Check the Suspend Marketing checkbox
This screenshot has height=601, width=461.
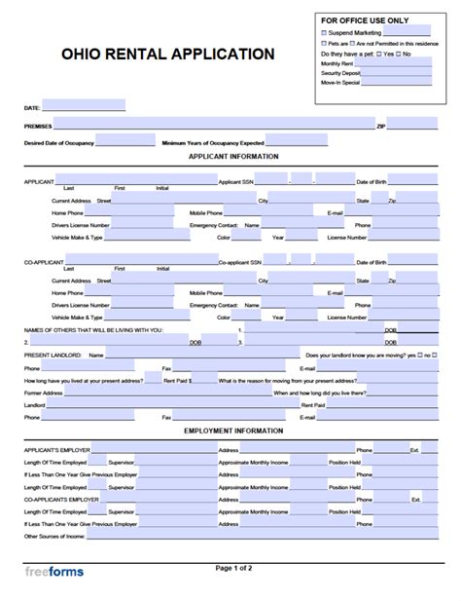pos(325,32)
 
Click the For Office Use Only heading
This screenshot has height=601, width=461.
pos(365,19)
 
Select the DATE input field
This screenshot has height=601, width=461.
pos(84,105)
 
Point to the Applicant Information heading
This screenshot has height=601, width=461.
pos(233,157)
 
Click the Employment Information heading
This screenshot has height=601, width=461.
pos(233,430)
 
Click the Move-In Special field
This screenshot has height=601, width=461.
pos(396,83)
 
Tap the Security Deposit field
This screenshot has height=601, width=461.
pos(396,73)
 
